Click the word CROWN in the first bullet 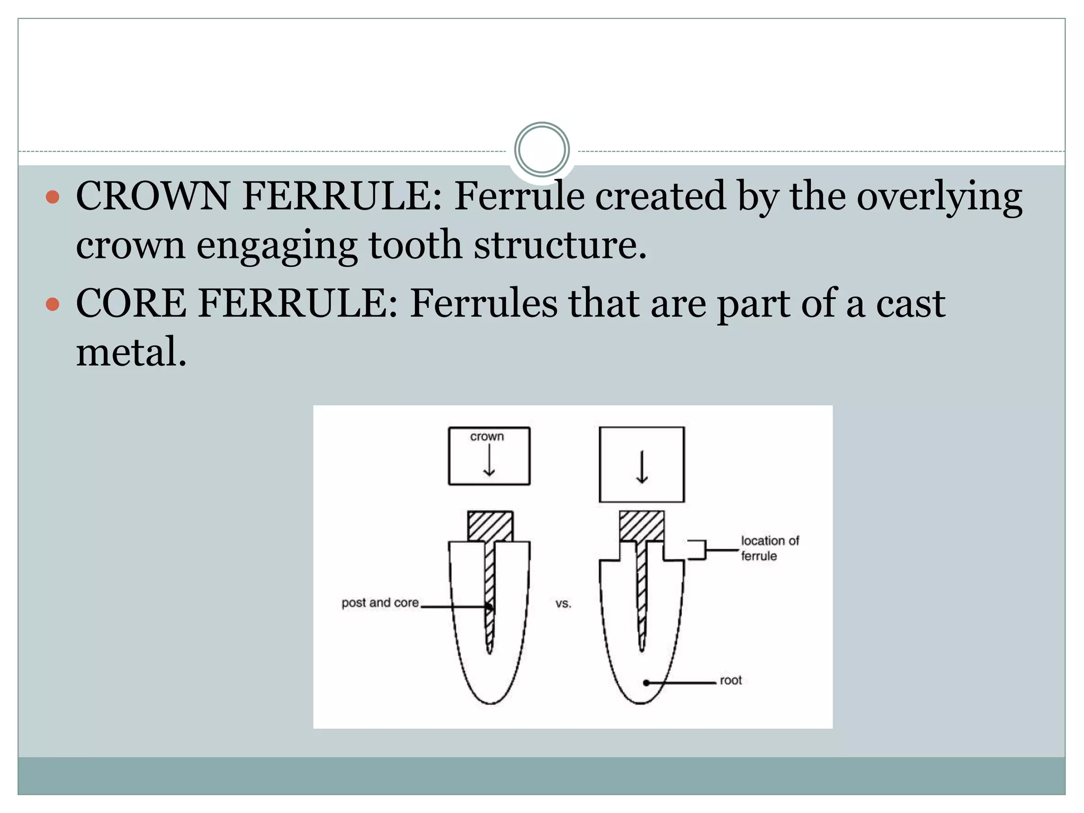(152, 196)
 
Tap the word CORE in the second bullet (131, 303)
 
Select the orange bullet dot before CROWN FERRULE (52, 197)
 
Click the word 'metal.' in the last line (131, 352)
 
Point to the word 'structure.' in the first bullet (560, 245)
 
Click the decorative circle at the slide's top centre (541, 150)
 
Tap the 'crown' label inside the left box (487, 437)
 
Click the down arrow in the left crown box (489, 460)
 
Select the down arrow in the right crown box (642, 467)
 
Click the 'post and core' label (380, 603)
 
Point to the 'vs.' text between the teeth (563, 603)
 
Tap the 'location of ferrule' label (769, 548)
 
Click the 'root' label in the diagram (730, 680)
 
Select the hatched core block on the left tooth (490, 526)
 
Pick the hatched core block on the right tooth (642, 526)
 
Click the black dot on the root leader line (646, 683)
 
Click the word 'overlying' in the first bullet (940, 196)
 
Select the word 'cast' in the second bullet (910, 303)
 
